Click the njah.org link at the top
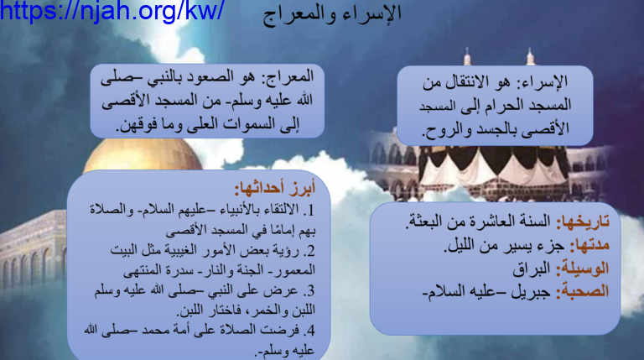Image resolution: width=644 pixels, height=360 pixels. point(112,11)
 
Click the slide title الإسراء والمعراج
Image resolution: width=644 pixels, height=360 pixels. point(332,14)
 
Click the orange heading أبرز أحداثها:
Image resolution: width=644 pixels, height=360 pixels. point(275,188)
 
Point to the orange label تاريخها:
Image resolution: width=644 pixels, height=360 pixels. point(583,222)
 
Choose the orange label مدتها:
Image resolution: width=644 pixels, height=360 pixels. point(589,245)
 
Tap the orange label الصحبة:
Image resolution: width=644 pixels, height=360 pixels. point(583,291)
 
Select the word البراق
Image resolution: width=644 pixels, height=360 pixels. point(532,269)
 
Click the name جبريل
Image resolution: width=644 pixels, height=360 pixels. point(531,292)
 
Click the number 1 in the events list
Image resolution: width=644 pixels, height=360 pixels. point(310,211)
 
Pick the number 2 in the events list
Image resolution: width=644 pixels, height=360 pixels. point(310,251)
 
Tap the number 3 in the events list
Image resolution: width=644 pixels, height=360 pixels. point(310,291)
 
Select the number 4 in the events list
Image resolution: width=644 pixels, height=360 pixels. point(310,331)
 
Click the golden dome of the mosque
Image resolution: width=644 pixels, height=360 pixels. point(142,156)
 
